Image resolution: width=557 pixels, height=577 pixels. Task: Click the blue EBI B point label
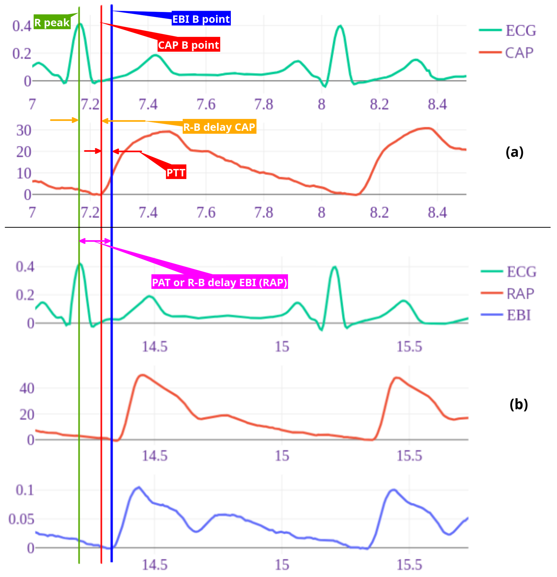pos(201,19)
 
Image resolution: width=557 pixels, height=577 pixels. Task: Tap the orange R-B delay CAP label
pos(219,127)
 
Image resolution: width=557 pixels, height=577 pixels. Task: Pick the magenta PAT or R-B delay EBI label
pos(219,282)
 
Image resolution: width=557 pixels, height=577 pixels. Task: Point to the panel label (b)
pos(519,404)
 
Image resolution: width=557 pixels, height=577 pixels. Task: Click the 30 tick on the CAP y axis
pos(24,130)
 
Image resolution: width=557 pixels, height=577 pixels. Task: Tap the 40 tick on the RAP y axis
pos(27,389)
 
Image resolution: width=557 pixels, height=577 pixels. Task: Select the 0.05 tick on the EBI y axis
pos(21,519)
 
